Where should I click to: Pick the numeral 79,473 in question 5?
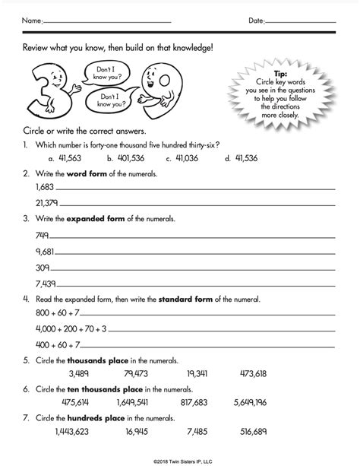click(x=134, y=374)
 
